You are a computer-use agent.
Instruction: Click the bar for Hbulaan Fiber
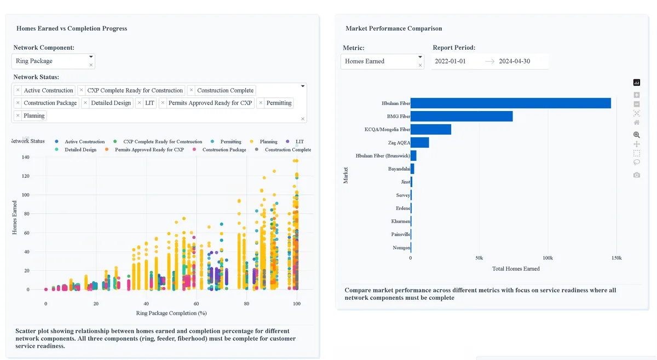pos(511,103)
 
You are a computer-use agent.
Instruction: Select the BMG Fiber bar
pos(462,117)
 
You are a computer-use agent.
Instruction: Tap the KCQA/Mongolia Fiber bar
pos(431,129)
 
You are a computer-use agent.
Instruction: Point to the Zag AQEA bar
pos(420,142)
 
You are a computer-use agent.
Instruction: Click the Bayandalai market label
pos(399,169)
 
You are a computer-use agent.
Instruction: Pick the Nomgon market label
pos(401,248)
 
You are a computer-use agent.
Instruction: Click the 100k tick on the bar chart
pos(547,258)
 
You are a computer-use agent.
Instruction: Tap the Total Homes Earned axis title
pos(516,269)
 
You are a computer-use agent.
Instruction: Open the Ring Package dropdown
pos(53,61)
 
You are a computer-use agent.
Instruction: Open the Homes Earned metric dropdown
pos(382,61)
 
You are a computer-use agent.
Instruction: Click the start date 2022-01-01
pos(450,61)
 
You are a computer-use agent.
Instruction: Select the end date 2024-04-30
pos(515,61)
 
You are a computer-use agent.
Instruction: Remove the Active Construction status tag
pos(18,90)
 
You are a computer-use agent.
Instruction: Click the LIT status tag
pos(149,103)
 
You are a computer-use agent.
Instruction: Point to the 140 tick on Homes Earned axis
pos(26,157)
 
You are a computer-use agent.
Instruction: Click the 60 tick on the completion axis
pos(196,304)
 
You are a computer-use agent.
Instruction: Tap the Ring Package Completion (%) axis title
pos(171,313)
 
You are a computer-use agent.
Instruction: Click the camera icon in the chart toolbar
pos(636,175)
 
